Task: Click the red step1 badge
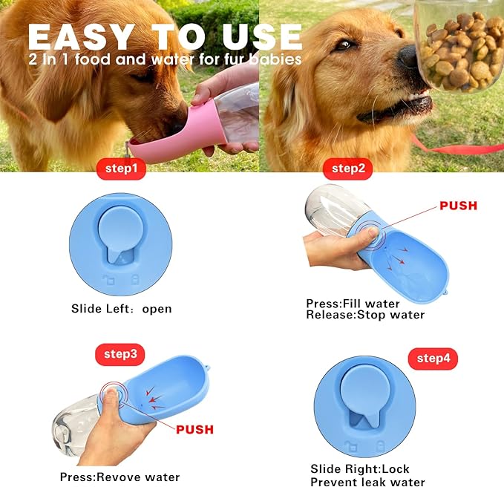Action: [121, 169]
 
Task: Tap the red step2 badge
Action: [348, 169]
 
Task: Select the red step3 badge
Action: [120, 354]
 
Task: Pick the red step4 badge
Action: [433, 359]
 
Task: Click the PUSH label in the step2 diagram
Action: [459, 206]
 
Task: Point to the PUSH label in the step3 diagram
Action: [194, 429]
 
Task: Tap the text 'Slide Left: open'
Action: [122, 309]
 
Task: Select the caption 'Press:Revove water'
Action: [120, 477]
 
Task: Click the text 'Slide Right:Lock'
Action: [360, 468]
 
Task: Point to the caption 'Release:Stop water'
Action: [365, 315]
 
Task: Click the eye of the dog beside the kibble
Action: [345, 45]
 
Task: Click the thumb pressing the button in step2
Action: [370, 234]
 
